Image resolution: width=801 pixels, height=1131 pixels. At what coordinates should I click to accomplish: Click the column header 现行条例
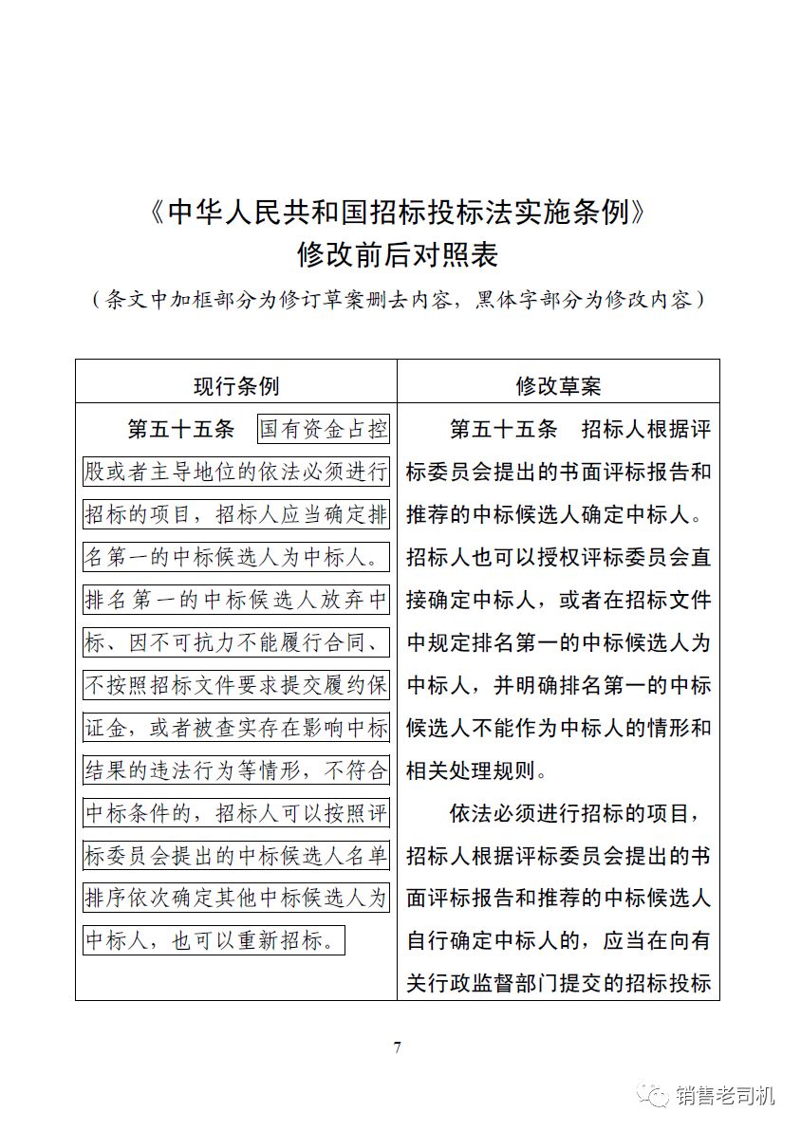coord(236,386)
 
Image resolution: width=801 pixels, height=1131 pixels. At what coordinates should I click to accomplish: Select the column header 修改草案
coord(558,386)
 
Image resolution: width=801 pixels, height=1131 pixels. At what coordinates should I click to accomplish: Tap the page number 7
coord(398,1048)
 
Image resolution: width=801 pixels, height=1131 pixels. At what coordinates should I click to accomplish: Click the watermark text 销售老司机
coord(725,1096)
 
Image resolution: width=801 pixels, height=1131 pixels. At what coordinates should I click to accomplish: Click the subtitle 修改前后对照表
coord(398,255)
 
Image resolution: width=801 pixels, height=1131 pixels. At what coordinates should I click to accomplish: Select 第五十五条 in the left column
coord(180,429)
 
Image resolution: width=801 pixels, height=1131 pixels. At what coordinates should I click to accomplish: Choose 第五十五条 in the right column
coord(503,429)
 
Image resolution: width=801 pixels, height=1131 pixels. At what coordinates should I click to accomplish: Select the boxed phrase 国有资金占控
coord(324,429)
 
